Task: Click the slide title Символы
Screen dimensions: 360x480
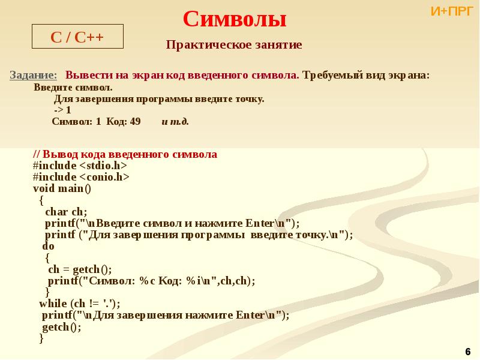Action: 234,19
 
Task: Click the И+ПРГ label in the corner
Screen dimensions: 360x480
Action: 452,11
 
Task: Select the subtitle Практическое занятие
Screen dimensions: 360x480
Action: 234,45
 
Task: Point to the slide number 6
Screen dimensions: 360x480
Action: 468,350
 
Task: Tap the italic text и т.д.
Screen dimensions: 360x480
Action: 175,121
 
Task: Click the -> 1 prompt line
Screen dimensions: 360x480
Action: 62,110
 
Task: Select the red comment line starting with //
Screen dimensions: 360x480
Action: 125,155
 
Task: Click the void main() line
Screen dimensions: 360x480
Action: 62,188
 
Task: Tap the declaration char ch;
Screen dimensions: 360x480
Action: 66,212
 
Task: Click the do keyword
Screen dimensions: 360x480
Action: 48,246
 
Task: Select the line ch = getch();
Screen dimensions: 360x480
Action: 80,269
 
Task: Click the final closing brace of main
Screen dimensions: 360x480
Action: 41,339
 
